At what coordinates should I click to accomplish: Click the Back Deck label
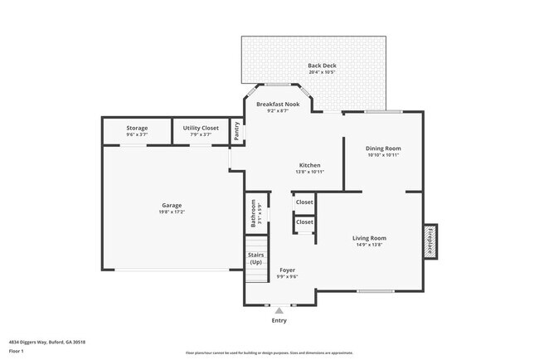(322, 65)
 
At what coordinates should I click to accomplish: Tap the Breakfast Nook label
(278, 104)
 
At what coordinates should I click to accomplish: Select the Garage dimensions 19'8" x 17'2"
(172, 212)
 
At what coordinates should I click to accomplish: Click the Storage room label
(137, 128)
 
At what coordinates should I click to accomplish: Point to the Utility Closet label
(201, 128)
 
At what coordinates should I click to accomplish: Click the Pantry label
(237, 131)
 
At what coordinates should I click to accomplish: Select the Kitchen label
(309, 165)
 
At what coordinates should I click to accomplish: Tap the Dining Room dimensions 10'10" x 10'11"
(382, 155)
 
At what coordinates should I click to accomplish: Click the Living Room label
(371, 238)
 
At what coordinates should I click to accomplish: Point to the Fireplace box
(430, 240)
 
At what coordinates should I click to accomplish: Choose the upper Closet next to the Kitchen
(304, 202)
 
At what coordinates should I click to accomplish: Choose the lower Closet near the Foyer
(304, 221)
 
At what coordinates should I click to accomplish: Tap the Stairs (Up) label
(255, 258)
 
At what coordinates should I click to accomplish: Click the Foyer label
(287, 270)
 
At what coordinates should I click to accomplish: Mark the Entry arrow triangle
(279, 311)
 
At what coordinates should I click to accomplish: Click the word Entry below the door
(279, 320)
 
